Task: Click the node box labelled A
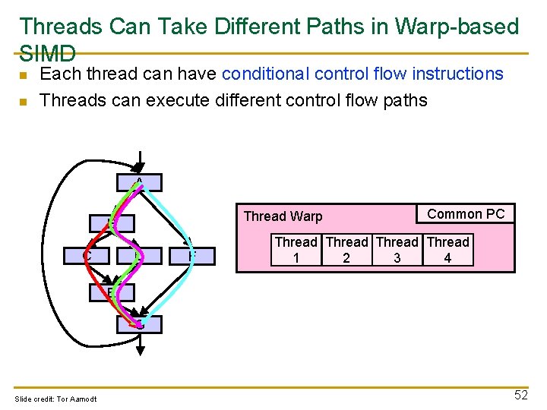coord(139,182)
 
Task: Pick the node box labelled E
coord(112,292)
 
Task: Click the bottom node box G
coord(139,324)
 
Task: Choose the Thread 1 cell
coord(296,251)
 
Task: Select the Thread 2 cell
coord(346,251)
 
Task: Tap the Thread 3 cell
coord(397,251)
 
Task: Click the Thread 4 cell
coord(447,251)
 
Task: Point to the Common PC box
coord(466,214)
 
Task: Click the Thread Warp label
coord(283,216)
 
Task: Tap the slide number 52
coord(520,395)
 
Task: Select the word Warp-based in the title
coord(460,27)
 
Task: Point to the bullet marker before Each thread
coord(24,75)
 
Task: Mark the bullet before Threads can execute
coord(24,101)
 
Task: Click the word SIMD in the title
coord(48,53)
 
